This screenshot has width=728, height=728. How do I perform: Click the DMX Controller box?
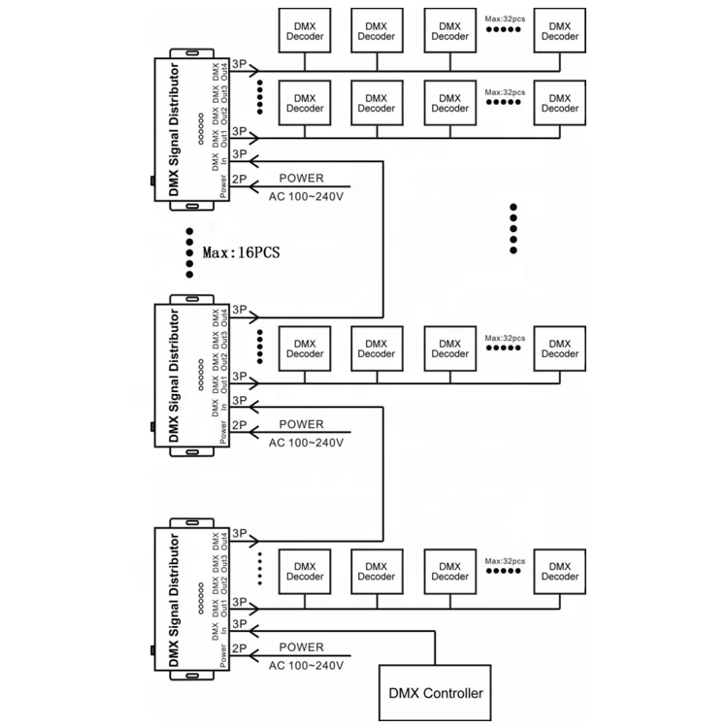pos(435,693)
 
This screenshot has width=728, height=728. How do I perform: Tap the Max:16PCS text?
pos(242,252)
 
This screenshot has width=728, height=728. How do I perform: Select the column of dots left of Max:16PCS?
pos(189,252)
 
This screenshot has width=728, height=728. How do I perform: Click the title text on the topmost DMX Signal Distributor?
pos(174,129)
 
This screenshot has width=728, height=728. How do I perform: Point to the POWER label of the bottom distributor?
pos(301,647)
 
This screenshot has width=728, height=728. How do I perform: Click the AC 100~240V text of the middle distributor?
pos(306,443)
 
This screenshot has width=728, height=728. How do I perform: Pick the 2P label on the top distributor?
pos(239,179)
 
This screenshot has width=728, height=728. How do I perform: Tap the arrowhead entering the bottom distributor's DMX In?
pos(254,631)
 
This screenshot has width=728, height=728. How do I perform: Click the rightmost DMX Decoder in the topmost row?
pos(559,31)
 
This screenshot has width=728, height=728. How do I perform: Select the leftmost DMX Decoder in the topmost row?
pos(305,31)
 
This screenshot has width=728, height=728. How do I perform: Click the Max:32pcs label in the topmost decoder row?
pos(505,19)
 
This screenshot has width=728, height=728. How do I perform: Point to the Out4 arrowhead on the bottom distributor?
pos(254,541)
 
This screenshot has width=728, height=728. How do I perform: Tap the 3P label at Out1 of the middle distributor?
pos(239,376)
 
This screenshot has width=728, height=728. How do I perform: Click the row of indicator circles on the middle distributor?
pos(201,375)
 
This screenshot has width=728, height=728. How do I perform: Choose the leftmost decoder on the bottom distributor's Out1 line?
pos(305,572)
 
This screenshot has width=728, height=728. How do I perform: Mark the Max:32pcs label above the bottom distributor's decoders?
pos(505,561)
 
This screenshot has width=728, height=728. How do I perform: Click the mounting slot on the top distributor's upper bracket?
pos(192,53)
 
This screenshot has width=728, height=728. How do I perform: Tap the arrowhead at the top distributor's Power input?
pos(254,186)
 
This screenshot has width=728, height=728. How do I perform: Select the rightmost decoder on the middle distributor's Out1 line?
pos(559,348)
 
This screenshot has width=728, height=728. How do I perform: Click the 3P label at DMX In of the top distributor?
pos(239,153)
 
